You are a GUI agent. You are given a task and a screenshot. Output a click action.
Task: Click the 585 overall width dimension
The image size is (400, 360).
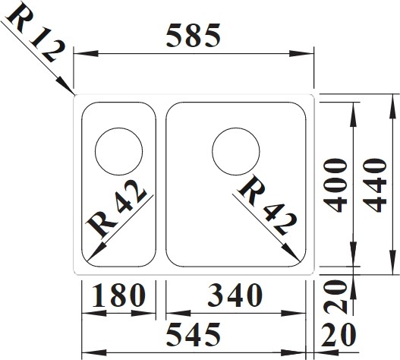(193, 36)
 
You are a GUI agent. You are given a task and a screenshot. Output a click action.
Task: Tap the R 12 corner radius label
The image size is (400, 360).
(35, 33)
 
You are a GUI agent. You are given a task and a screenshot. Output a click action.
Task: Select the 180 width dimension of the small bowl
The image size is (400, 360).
(118, 295)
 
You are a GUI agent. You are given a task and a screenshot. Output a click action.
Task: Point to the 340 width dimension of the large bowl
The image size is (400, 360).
(235, 295)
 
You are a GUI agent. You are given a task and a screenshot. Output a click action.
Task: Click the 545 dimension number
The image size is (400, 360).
(193, 335)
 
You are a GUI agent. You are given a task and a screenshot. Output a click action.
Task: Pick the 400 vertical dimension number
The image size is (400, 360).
(335, 185)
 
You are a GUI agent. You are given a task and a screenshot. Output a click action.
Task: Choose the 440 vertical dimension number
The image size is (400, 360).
(374, 185)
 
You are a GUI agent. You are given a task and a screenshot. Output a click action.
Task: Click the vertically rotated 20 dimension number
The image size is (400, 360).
(335, 297)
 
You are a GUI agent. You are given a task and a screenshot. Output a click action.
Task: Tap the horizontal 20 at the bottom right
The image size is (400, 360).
(339, 335)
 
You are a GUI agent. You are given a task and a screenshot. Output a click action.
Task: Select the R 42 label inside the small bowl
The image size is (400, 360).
(117, 208)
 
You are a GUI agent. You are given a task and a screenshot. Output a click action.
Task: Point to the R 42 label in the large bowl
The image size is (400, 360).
(267, 205)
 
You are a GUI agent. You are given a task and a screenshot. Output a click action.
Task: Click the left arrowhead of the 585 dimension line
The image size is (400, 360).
(86, 54)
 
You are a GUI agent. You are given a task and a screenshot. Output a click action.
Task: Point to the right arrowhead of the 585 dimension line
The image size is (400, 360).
(301, 54)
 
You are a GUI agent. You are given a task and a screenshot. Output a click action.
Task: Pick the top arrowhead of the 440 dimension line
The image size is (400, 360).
(392, 106)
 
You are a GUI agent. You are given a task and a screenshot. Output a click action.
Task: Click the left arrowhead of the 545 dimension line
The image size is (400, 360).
(94, 353)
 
